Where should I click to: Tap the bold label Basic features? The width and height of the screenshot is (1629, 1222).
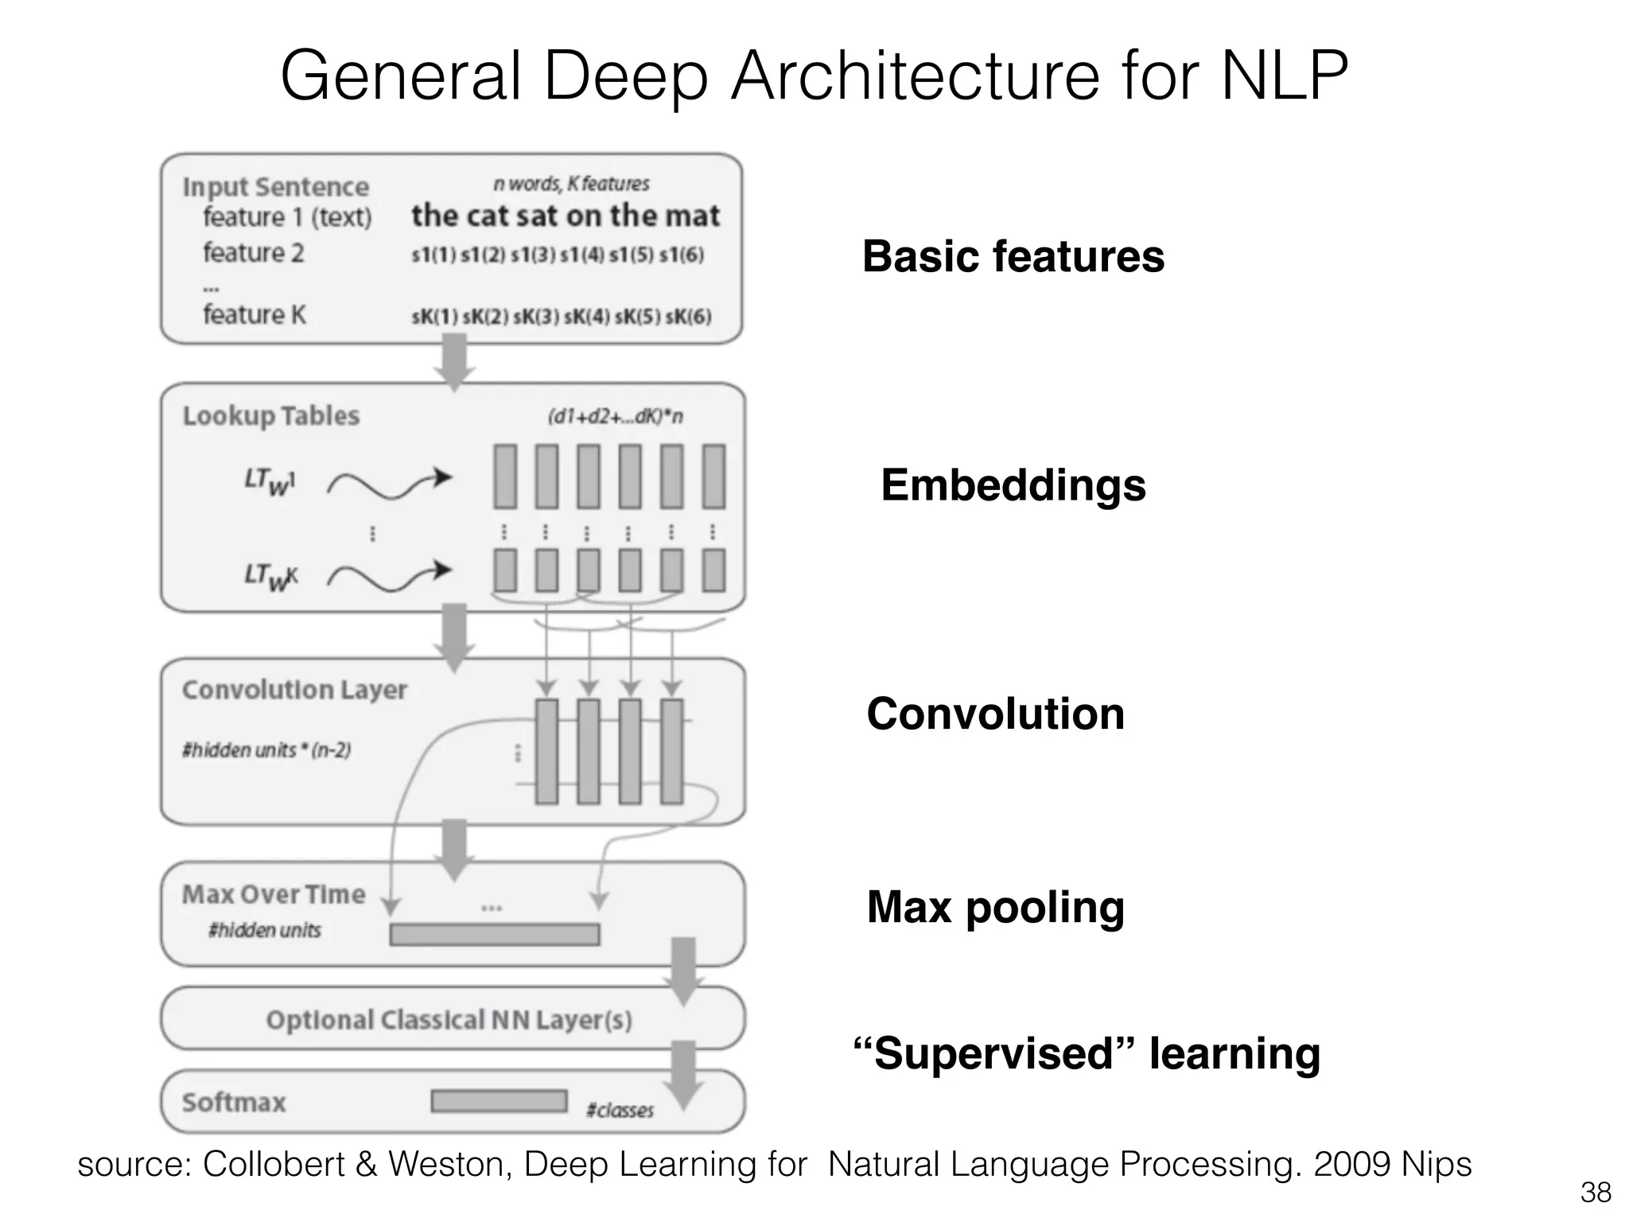1013,256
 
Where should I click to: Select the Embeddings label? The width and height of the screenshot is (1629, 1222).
1013,485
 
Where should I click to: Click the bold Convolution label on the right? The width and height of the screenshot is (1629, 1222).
995,714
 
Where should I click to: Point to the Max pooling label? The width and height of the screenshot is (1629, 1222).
995,907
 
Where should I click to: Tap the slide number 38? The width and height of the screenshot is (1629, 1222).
1595,1193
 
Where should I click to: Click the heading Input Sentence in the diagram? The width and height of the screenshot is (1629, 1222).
276,187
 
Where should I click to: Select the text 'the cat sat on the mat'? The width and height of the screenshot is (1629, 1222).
565,216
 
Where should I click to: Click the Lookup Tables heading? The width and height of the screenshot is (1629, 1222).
271,416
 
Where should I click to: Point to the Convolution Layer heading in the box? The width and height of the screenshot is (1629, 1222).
294,690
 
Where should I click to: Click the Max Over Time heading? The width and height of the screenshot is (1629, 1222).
274,894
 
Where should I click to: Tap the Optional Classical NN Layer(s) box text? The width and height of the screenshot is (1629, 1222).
449,1020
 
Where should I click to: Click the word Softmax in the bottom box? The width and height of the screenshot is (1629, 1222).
234,1103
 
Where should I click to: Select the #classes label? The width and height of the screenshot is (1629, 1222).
620,1111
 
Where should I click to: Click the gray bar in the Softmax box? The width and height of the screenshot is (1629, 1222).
499,1101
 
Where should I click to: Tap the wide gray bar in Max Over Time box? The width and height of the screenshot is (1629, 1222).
494,934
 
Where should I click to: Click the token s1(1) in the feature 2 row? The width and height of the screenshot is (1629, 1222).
433,255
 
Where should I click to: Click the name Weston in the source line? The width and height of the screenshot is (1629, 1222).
452,1165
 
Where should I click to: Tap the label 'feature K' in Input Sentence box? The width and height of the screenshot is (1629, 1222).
254,315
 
